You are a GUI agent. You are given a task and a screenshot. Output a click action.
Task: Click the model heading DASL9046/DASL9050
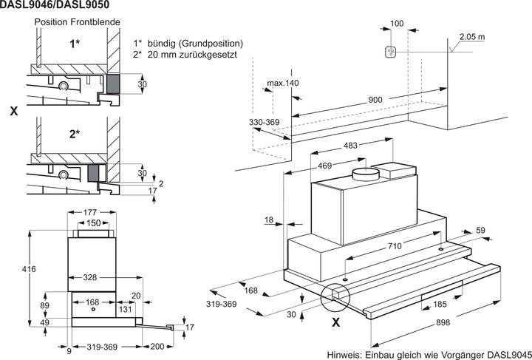coord(48,5)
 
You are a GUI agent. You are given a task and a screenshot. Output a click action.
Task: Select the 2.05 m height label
coord(471,36)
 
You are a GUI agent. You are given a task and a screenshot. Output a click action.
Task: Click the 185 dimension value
coord(439,303)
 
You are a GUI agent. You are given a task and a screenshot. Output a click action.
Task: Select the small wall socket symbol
coord(392,52)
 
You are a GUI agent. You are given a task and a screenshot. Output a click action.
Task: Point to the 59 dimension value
coord(480,231)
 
